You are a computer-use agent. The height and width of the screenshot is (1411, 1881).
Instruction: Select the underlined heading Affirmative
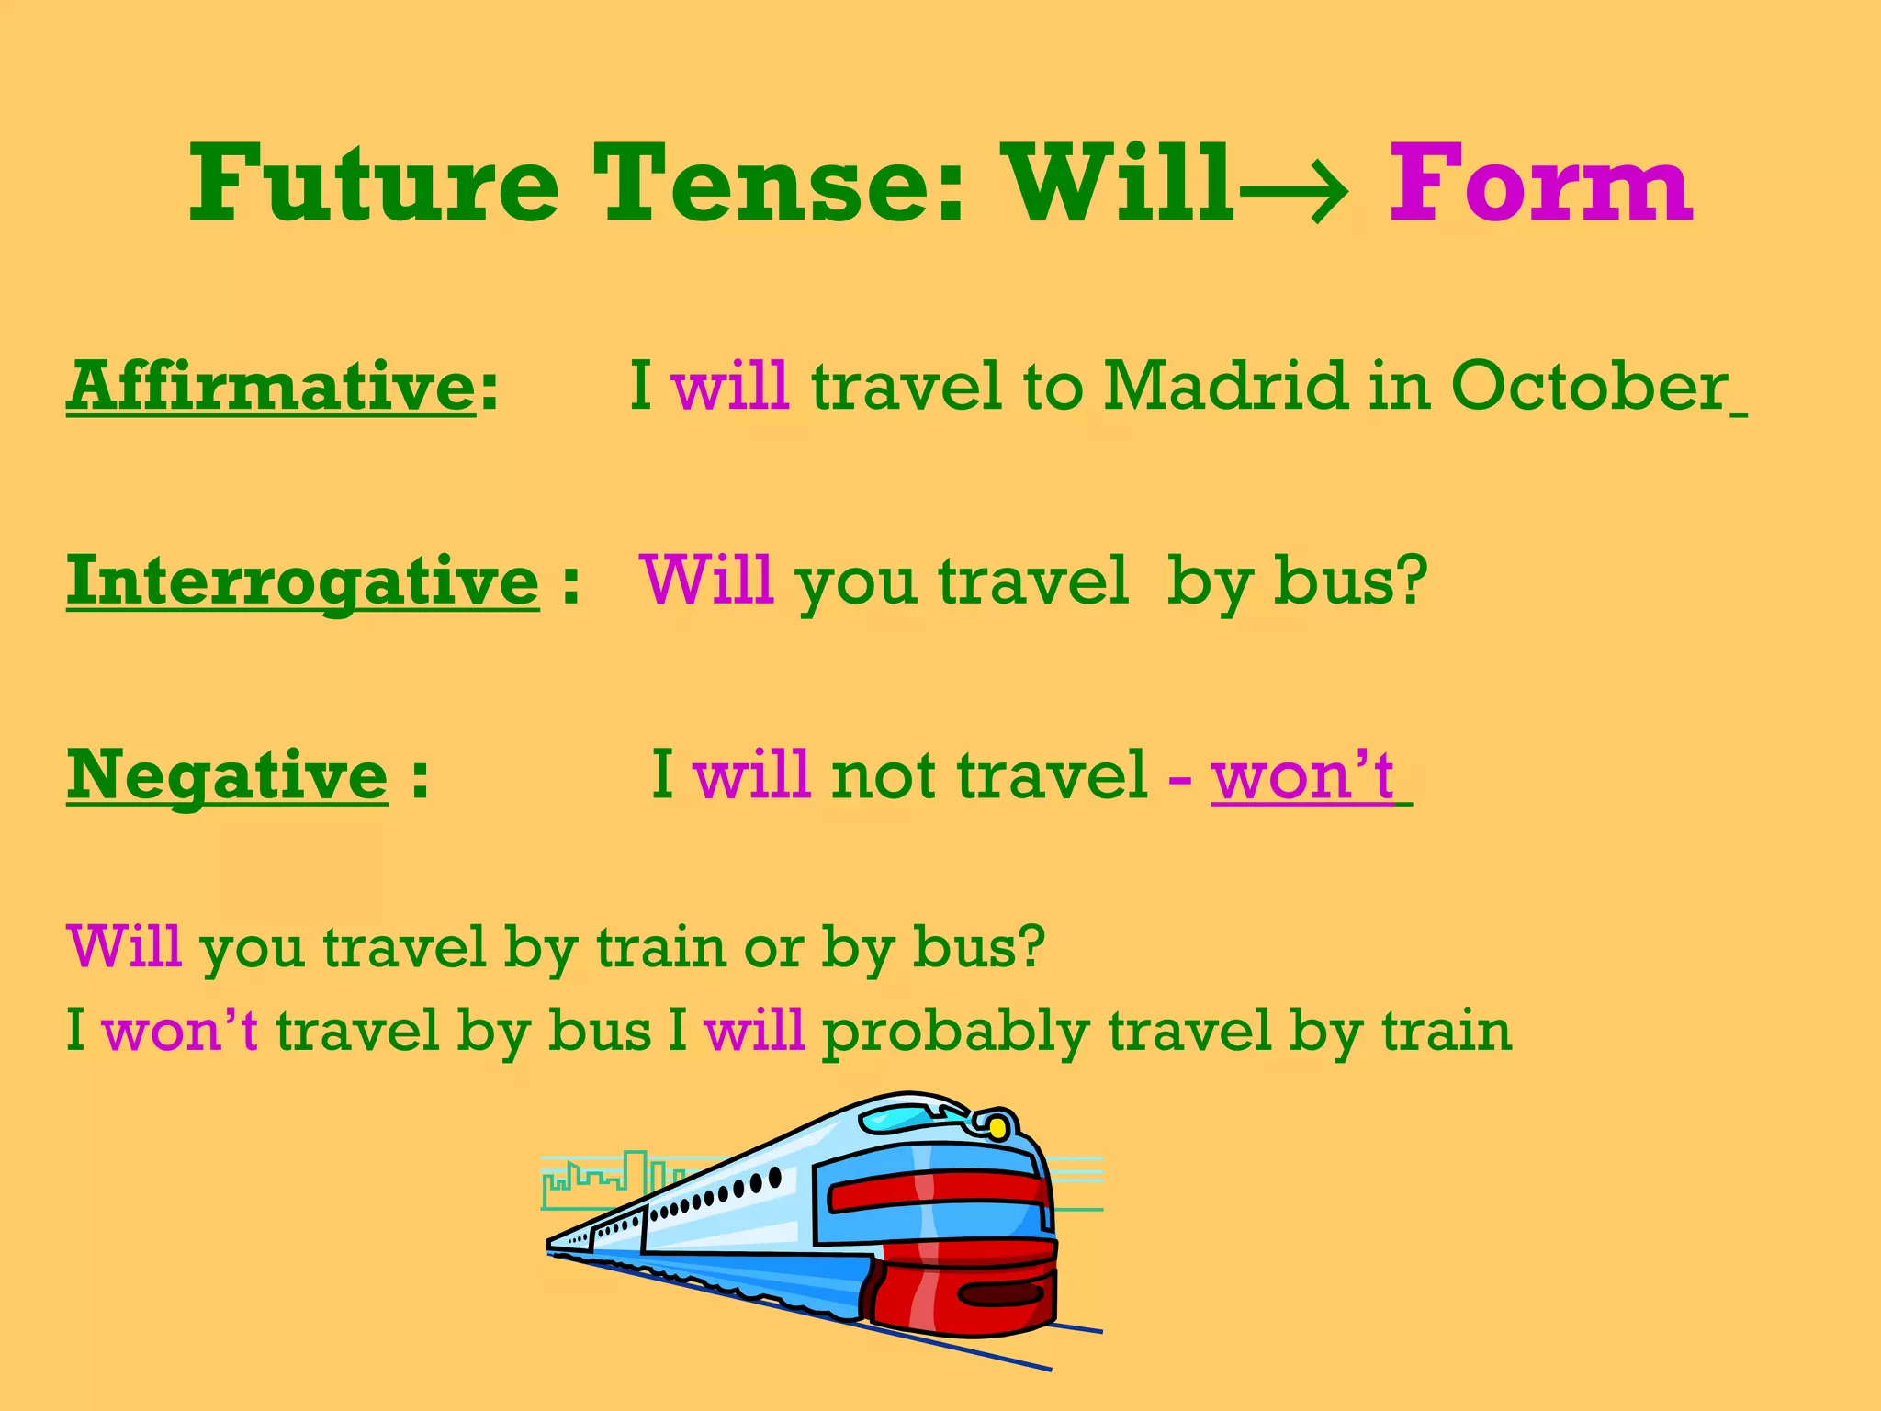[271, 386]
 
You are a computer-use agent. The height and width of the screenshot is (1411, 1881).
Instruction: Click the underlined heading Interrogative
[302, 581]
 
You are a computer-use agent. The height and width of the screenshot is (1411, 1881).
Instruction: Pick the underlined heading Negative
[227, 775]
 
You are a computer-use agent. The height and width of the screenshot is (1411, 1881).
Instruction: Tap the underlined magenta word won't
[1302, 776]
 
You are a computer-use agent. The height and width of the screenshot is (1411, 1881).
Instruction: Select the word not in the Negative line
[886, 776]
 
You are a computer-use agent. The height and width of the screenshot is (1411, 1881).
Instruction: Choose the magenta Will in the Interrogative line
[707, 581]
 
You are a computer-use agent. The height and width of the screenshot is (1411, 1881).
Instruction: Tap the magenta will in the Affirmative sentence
[730, 386]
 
